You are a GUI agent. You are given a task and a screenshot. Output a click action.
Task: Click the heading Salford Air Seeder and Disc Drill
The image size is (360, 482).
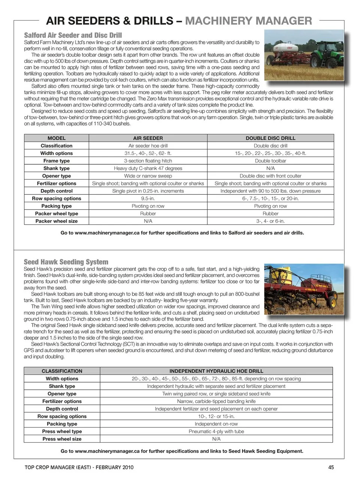click(73, 35)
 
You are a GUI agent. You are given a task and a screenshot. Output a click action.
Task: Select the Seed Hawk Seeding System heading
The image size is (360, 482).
click(66, 262)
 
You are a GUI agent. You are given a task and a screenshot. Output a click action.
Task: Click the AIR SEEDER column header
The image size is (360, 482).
click(148, 138)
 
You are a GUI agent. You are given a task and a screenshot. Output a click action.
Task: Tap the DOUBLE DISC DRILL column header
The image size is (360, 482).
click(270, 138)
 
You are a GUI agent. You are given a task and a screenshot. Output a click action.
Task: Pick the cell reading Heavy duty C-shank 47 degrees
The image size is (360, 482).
click(148, 168)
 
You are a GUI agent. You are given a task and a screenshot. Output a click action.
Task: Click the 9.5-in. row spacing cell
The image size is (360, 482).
click(148, 198)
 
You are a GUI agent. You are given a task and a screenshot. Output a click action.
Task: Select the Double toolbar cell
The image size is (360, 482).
click(270, 161)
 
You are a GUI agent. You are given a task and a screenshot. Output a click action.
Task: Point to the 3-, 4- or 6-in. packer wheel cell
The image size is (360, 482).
click(270, 221)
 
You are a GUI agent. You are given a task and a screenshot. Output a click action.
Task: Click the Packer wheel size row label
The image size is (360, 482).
click(57, 221)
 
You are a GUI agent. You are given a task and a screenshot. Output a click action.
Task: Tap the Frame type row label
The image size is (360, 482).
click(57, 161)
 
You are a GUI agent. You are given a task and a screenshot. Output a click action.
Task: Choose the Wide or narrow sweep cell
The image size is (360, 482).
click(148, 176)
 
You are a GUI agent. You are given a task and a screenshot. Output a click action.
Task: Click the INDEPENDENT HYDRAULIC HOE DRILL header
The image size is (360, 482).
click(216, 371)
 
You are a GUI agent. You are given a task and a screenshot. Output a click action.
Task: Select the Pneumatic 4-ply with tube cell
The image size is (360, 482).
click(216, 431)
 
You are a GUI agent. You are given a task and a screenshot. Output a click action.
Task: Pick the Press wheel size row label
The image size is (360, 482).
click(62, 439)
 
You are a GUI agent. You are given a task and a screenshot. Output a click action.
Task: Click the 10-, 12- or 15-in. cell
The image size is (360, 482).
click(216, 416)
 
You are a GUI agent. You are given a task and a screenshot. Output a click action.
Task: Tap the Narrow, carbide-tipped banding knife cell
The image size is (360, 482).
click(216, 401)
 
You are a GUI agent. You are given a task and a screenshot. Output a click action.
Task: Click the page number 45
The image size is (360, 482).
click(331, 467)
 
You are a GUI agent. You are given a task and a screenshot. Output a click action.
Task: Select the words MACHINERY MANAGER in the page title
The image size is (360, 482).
click(249, 21)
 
